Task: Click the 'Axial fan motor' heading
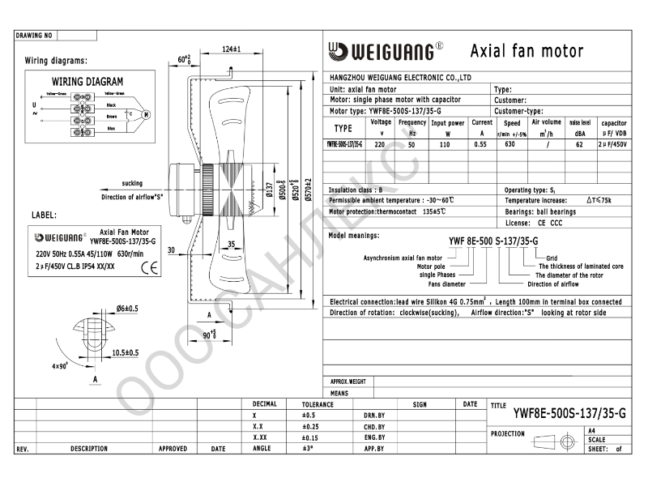tap(526, 51)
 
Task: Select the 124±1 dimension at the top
tap(231, 50)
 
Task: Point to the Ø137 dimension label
tap(269, 190)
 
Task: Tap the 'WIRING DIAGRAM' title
tap(87, 82)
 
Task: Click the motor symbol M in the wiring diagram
tap(146, 114)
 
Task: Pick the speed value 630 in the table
tap(510, 143)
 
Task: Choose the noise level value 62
tap(579, 143)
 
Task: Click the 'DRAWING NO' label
tap(34, 36)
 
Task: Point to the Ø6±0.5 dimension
tap(127, 309)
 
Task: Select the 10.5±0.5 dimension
tap(126, 352)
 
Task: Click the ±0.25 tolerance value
tap(309, 425)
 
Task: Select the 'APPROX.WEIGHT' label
tap(348, 381)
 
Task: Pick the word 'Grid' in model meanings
tap(552, 258)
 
